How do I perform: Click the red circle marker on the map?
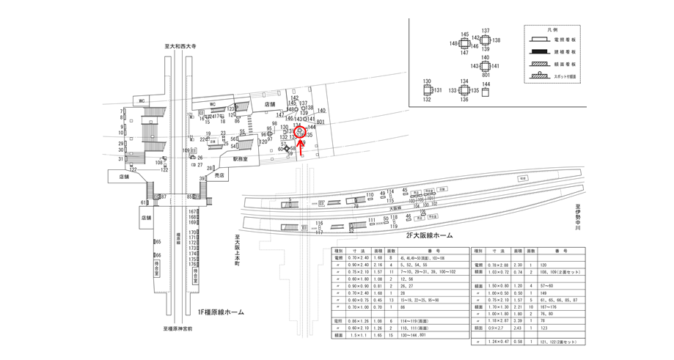(x=300, y=131)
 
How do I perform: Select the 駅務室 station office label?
(x=241, y=158)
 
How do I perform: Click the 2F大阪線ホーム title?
(x=429, y=235)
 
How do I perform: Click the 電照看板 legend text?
(x=564, y=39)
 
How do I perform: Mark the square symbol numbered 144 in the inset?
(x=486, y=92)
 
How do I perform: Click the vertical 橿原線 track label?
(x=178, y=243)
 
